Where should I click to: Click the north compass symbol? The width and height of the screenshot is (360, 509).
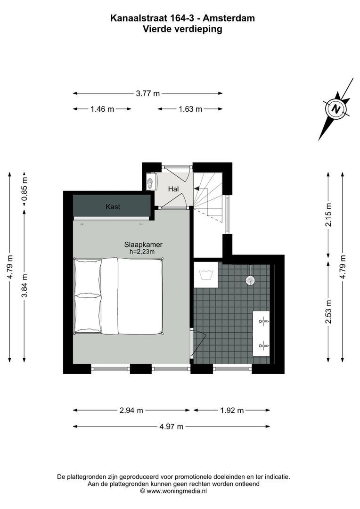(336, 108)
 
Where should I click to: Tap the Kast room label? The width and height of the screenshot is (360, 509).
(112, 207)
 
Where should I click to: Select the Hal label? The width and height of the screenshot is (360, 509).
(173, 189)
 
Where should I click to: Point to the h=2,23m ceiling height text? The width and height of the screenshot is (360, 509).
(142, 252)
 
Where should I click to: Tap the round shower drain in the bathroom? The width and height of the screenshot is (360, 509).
(249, 280)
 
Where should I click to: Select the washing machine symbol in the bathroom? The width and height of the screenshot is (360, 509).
(206, 275)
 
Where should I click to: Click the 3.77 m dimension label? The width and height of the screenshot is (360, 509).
(147, 93)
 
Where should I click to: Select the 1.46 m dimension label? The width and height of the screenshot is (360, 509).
(102, 109)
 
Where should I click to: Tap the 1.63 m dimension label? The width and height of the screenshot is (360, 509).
(190, 109)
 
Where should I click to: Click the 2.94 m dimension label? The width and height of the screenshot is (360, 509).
(131, 410)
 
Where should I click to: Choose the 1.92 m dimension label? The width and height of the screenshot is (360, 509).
(232, 410)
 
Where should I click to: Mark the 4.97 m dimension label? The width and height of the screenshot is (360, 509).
(171, 427)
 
